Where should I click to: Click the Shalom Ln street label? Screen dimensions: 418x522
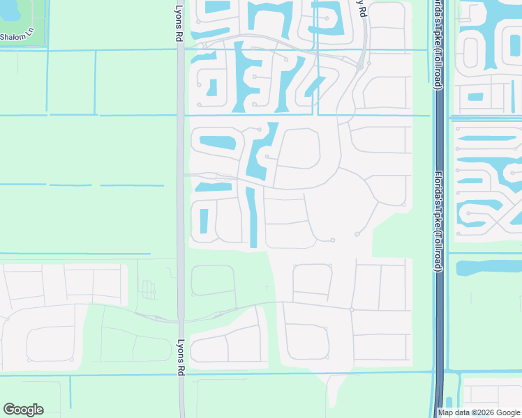tap(15, 37)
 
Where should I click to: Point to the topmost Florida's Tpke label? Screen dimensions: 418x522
tap(438, 42)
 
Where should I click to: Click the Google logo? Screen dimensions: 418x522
tap(23, 410)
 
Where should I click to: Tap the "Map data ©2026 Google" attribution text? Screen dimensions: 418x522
tap(478, 412)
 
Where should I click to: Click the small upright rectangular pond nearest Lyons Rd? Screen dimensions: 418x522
tap(204, 221)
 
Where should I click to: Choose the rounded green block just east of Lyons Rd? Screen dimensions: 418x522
tap(212, 280)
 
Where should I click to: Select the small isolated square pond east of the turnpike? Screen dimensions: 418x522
tap(475, 97)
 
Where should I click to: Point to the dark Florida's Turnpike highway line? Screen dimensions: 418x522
tap(439, 313)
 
